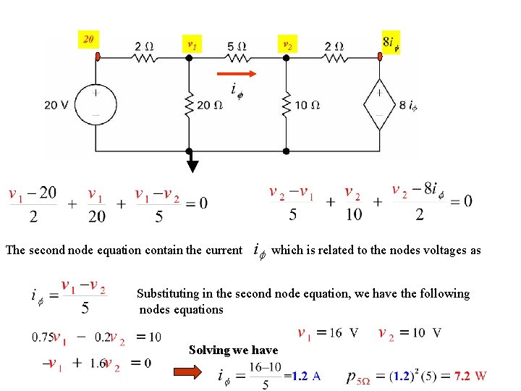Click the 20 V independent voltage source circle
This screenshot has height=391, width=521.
[x=96, y=105]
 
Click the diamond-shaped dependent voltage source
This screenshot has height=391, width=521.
[x=378, y=105]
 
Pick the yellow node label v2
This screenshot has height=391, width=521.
[x=287, y=44]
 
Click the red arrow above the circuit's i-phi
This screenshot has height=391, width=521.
[x=237, y=74]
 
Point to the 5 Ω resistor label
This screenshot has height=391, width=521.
[x=237, y=46]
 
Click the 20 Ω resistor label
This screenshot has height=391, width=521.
[x=209, y=106]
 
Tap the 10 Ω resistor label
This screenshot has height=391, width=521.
[x=307, y=106]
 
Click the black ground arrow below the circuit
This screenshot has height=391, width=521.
[x=192, y=164]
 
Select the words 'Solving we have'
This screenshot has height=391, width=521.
[x=233, y=350]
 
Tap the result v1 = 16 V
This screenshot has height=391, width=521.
[x=328, y=333]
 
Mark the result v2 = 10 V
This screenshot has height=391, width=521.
[x=410, y=333]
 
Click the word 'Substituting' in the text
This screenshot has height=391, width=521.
[x=171, y=294]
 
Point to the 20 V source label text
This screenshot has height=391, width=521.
[x=56, y=105]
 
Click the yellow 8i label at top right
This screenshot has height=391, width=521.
[x=391, y=42]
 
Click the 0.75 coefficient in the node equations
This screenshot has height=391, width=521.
[x=42, y=337]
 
